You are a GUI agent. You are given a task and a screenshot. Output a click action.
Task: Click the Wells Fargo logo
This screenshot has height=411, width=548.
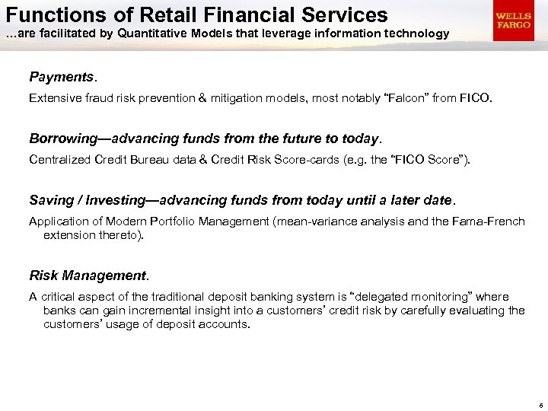(x=513, y=21)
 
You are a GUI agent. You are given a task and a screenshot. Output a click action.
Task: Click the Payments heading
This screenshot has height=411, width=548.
(x=61, y=77)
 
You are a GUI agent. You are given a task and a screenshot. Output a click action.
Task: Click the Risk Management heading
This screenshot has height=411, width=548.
(x=88, y=275)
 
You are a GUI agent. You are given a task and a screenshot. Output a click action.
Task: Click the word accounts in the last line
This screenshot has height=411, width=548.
(x=225, y=324)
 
